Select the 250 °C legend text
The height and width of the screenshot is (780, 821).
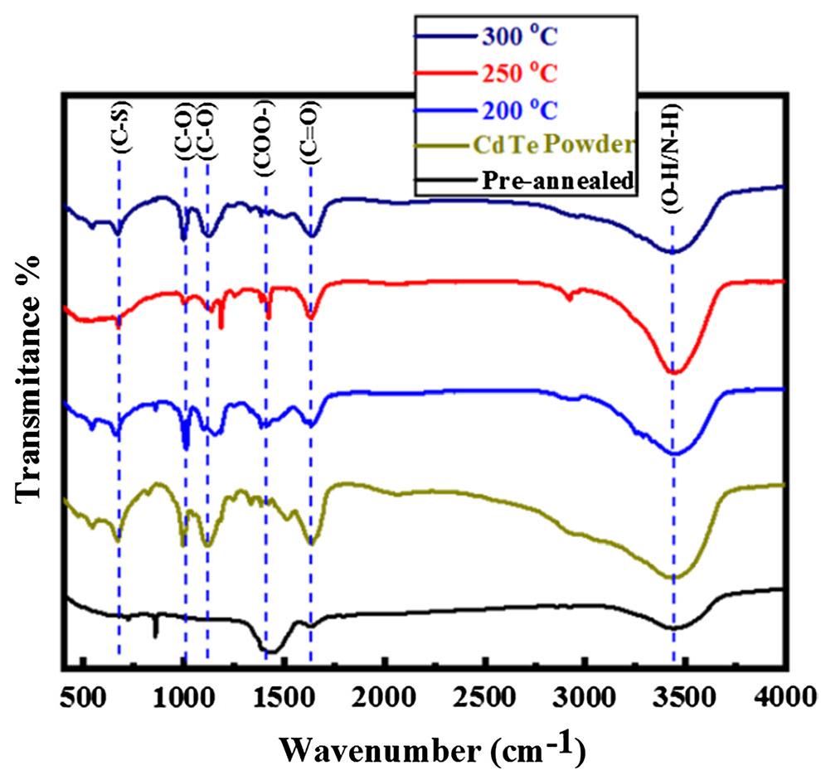pos(519,74)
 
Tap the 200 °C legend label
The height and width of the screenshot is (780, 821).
pos(519,109)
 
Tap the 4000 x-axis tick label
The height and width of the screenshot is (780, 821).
pos(785,694)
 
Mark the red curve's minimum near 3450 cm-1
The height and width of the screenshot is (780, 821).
pos(673,373)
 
